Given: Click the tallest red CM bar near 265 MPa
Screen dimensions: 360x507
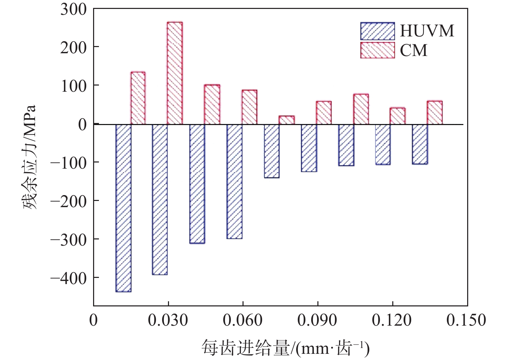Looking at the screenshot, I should tap(174, 73).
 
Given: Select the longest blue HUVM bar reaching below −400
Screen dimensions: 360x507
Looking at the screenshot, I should tap(124, 208).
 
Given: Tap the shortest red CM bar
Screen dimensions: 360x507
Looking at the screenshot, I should tap(286, 120).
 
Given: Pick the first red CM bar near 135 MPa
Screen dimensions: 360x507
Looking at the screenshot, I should tap(138, 98).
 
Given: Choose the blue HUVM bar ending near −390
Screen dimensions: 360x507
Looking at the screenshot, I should tap(160, 199).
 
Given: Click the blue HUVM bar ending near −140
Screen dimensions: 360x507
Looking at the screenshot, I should tap(272, 151).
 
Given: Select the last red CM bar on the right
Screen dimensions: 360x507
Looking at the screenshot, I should tap(435, 112).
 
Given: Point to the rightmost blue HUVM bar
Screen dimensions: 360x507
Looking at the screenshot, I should tap(420, 144).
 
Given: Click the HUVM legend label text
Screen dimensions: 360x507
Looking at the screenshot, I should tap(427, 31).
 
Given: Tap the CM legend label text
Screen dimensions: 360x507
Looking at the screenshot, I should tap(414, 50).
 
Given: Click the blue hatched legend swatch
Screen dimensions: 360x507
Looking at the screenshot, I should tap(378, 31).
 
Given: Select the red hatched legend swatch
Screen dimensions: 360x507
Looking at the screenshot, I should tap(378, 50).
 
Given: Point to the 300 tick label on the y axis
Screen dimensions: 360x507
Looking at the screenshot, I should tap(74, 9).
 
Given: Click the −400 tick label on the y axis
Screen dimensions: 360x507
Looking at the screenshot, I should tap(69, 278).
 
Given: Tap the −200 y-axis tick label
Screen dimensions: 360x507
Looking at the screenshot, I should tap(69, 201).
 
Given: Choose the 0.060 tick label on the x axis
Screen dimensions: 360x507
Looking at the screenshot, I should tap(243, 320).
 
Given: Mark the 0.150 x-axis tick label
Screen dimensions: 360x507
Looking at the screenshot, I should tap(466, 320).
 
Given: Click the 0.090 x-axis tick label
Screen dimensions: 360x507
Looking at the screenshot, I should tap(317, 320).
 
